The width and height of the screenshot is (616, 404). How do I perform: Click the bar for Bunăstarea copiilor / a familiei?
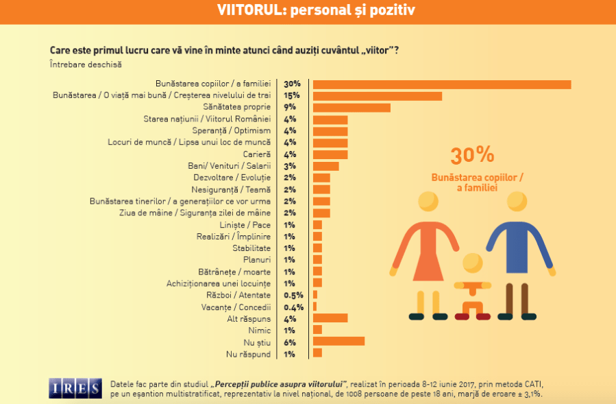442,84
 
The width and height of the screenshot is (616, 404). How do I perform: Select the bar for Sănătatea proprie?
352,108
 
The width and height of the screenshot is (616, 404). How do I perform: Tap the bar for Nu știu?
338,341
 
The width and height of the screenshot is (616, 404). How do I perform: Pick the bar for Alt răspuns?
330,318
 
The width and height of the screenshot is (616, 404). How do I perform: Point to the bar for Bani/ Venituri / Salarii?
325,166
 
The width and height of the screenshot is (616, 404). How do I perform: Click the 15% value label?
292,95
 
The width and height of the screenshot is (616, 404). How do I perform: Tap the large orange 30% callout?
472,156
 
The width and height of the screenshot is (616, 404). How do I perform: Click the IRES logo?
75,388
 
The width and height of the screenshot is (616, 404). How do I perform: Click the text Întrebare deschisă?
86,64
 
